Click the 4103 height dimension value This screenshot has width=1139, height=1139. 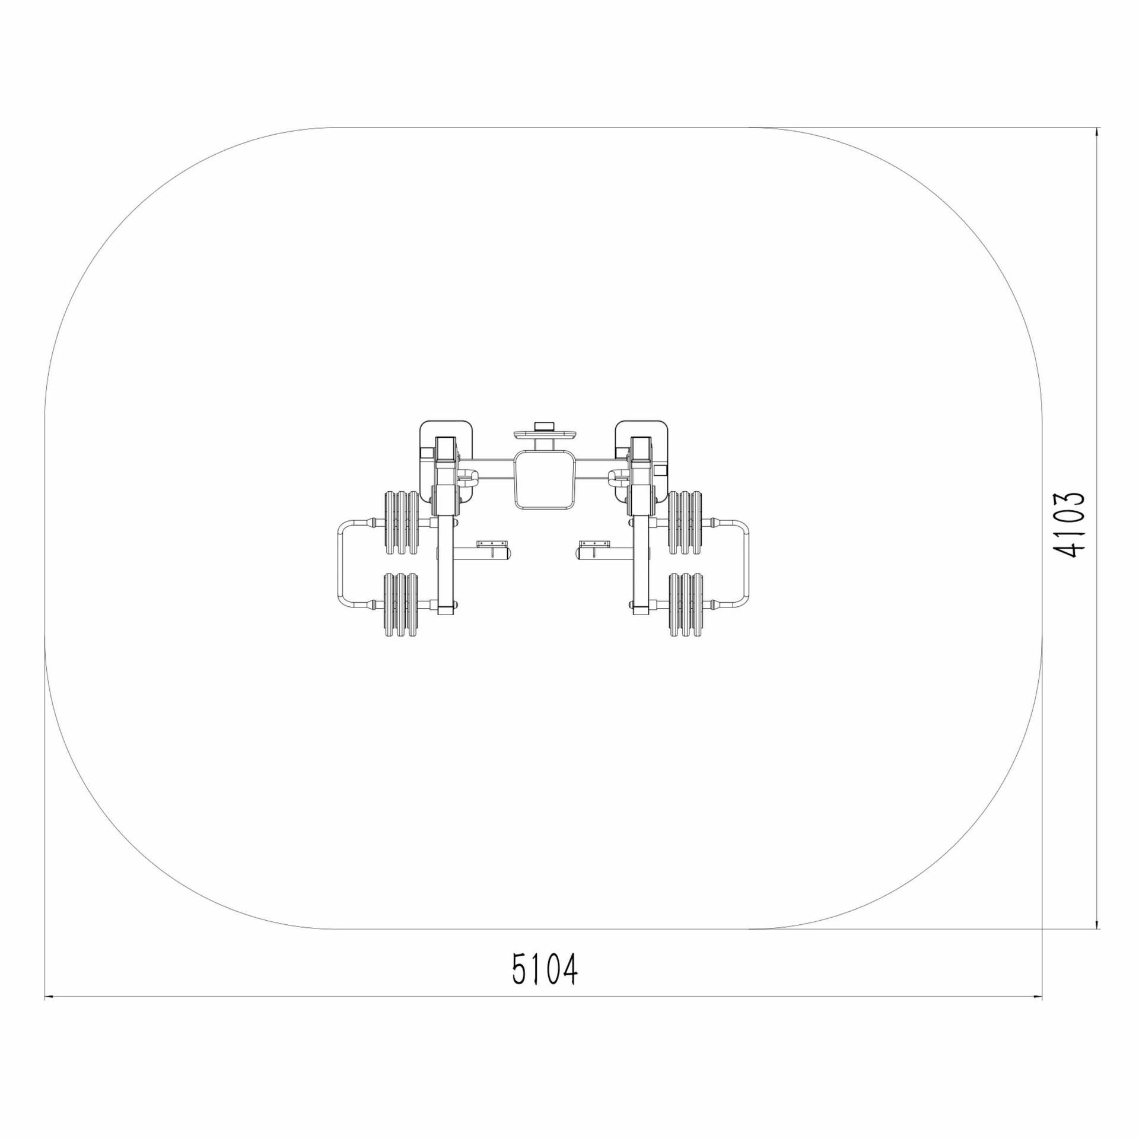(1069, 525)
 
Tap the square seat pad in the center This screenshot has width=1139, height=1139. (545, 479)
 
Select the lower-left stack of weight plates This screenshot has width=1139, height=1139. (402, 605)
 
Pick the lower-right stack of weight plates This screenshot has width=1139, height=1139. (686, 605)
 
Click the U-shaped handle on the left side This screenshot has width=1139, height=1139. (339, 564)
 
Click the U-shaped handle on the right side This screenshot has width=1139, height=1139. (749, 564)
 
